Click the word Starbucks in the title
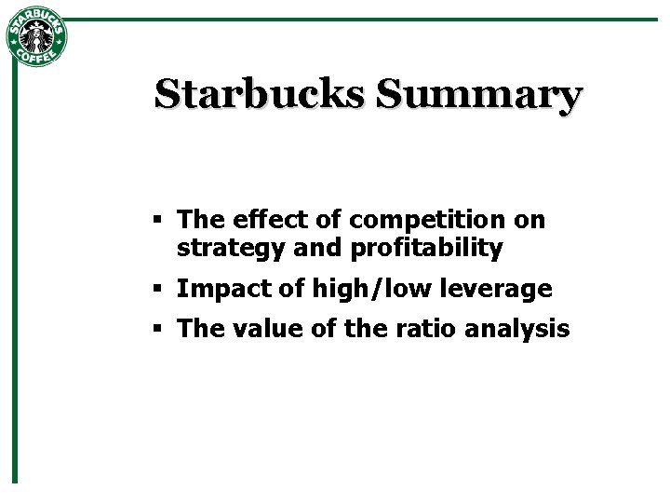260,94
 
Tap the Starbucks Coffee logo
36,37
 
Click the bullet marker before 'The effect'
159,220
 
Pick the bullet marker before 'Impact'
159,289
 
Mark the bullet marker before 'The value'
159,328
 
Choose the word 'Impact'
217,290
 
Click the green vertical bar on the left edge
15,279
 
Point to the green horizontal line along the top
372,19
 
